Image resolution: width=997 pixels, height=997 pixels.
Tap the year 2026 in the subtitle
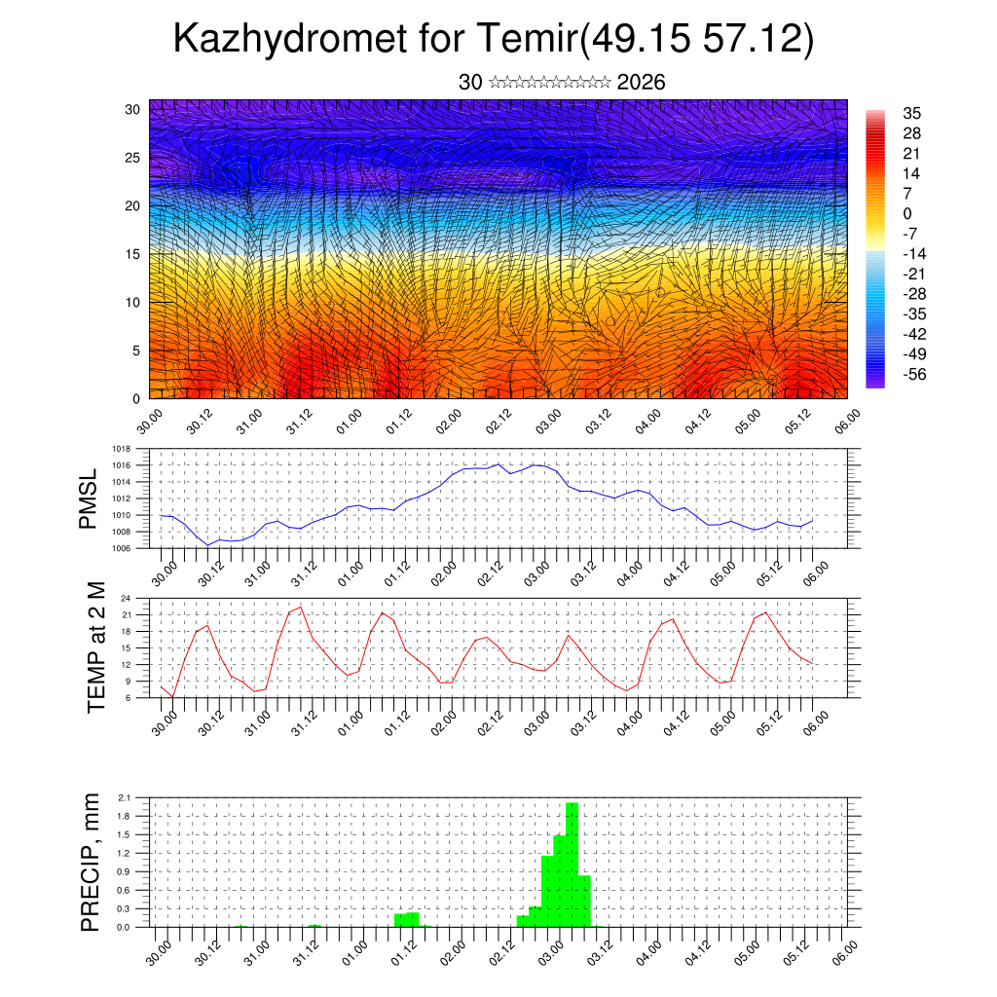(642, 83)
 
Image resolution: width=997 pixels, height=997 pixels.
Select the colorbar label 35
(912, 113)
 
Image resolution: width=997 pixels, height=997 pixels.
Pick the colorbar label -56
(913, 373)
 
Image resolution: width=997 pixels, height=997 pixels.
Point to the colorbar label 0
(907, 213)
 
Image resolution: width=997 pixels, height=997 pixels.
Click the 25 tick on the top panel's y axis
(133, 157)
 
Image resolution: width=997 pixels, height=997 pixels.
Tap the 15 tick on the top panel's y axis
(133, 254)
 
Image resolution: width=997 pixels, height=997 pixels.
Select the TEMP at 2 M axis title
(96, 647)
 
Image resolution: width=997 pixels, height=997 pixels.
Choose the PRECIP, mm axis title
(91, 863)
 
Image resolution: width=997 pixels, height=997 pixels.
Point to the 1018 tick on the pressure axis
(121, 449)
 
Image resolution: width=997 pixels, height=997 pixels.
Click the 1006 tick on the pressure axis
(121, 548)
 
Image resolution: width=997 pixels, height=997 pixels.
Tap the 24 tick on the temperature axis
(126, 599)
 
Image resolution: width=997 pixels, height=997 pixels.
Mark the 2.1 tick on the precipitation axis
(124, 797)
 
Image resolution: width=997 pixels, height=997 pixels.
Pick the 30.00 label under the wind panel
(150, 422)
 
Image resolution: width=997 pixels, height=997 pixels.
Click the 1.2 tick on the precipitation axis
(124, 853)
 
